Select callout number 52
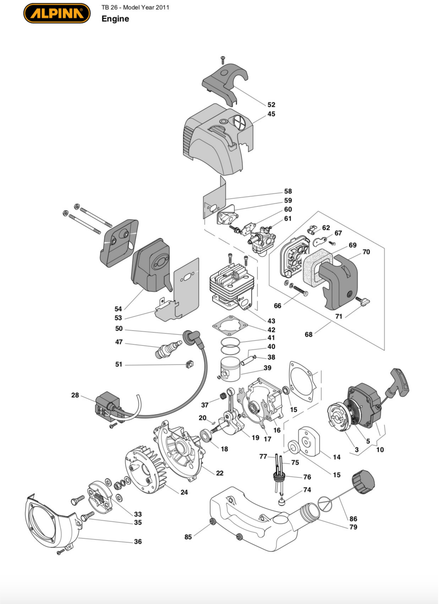[x=271, y=105]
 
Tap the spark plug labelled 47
[x=168, y=349]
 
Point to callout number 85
[x=188, y=537]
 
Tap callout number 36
[x=138, y=541]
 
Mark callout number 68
[x=308, y=335]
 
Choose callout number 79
[x=353, y=527]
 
